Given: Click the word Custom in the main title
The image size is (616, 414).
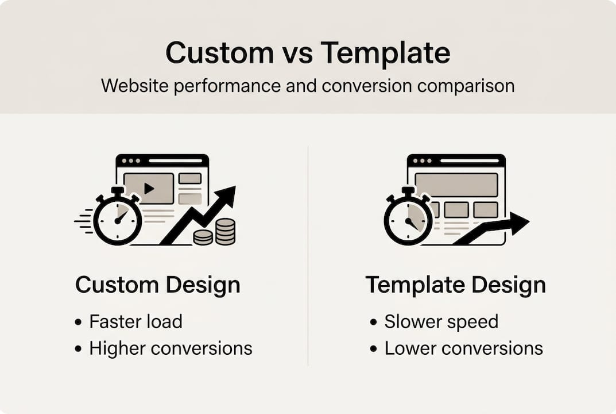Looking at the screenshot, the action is point(219,52).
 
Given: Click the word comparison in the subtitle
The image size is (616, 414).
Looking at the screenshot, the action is point(466,86).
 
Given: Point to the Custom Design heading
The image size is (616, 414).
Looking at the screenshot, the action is point(157,286).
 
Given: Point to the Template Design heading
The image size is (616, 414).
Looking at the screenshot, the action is point(456,286).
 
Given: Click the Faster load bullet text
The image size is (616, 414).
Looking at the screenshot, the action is point(135,321).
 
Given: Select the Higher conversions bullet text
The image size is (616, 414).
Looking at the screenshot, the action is point(171,348).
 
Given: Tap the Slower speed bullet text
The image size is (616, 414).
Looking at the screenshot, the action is point(441,322).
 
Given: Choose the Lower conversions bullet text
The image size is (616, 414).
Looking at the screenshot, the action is point(463,348).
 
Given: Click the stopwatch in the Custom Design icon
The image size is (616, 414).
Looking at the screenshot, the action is point(118,216).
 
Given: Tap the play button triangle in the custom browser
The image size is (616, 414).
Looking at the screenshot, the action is point(149,189).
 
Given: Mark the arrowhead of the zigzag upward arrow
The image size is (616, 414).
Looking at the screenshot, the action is point(226,195).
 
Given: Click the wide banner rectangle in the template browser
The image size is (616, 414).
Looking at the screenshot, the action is point(456,185).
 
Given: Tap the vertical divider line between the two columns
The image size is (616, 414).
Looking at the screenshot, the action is point(308,256).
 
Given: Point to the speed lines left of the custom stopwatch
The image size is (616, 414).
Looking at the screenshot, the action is point(84,221).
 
